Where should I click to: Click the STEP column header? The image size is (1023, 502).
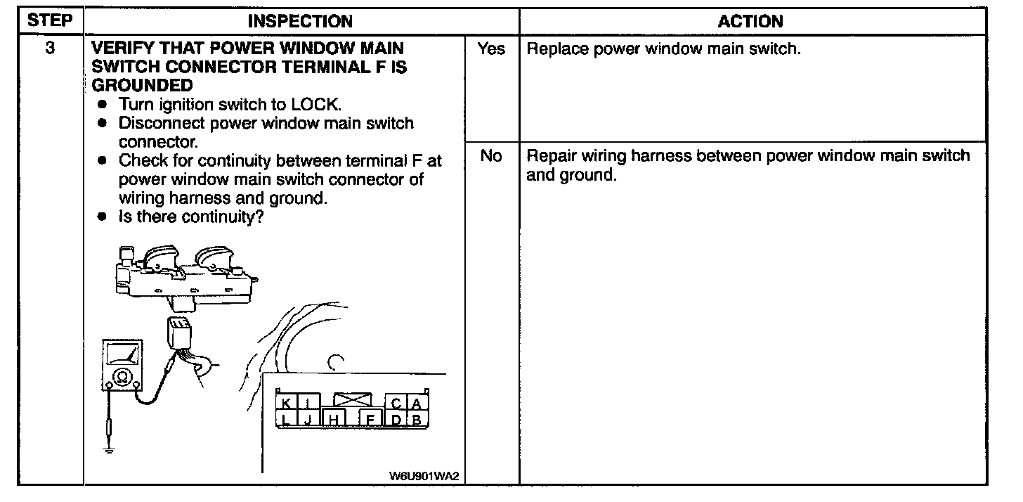(50, 21)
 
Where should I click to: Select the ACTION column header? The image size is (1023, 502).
(750, 22)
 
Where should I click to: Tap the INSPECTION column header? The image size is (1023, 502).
(300, 22)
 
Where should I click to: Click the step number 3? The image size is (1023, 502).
(50, 50)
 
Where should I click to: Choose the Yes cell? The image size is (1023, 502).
(490, 50)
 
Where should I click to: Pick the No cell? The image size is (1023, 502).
(490, 156)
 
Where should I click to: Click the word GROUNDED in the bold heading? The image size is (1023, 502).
(143, 86)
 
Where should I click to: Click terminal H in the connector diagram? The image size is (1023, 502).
(334, 420)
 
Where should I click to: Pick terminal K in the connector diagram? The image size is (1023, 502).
(286, 404)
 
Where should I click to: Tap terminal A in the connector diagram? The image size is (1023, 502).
(417, 404)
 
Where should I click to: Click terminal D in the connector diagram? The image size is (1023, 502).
(396, 420)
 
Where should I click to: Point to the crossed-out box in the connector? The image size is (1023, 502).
(353, 401)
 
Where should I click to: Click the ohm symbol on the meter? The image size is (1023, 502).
(122, 378)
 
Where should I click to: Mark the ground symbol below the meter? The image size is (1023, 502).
(109, 448)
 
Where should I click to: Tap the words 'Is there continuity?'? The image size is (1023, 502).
(190, 217)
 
